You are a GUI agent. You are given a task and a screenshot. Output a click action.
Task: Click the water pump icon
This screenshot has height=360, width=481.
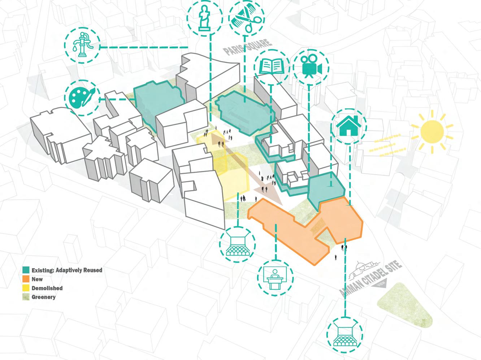[x=83, y=45]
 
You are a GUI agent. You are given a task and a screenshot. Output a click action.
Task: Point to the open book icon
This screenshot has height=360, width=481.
[x=272, y=67]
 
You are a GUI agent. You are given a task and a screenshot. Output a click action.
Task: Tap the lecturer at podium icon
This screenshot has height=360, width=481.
[x=276, y=278]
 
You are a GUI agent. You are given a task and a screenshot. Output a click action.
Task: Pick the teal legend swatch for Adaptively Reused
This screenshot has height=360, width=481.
[x=26, y=270]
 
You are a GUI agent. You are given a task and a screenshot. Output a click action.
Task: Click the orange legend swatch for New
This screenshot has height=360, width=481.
[x=26, y=279]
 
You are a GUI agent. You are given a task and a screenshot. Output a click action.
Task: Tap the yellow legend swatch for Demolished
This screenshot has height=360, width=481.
[x=26, y=288]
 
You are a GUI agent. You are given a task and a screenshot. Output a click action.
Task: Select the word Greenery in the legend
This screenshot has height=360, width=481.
[x=43, y=297]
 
